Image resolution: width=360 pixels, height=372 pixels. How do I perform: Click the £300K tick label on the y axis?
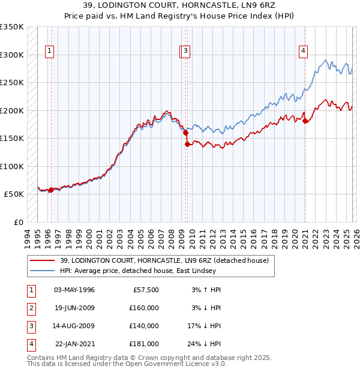point(11,55)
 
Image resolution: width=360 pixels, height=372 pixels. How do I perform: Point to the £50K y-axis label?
point(13,194)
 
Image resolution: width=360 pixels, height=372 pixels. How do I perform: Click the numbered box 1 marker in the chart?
point(49,51)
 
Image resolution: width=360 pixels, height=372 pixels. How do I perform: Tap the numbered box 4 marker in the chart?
point(304,51)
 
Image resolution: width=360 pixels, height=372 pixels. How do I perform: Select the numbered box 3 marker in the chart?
point(187,51)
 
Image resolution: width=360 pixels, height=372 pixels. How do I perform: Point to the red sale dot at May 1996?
point(51,190)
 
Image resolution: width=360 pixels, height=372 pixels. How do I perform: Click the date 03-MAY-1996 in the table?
point(74,290)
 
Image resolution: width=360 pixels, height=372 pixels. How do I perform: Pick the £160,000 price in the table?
point(144,308)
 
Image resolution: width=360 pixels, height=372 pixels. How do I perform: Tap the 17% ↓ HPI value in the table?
point(204,326)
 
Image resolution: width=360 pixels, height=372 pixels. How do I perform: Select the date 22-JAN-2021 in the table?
point(74,344)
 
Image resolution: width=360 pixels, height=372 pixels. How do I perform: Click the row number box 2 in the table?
point(31,308)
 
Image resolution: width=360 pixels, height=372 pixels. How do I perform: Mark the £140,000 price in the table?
point(144,326)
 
